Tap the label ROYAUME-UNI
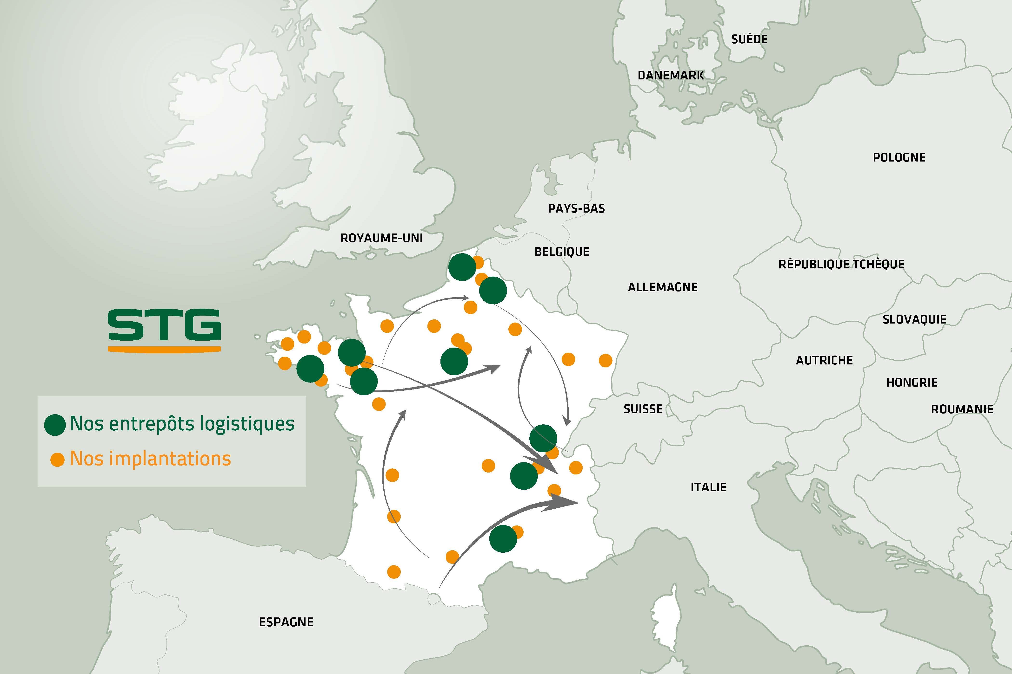tap(381, 238)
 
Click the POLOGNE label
tap(899, 157)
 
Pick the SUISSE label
tap(643, 409)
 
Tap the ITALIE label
tap(708, 487)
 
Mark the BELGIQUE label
tap(561, 252)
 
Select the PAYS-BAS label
tap(576, 208)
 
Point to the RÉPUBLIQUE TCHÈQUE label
tap(841, 264)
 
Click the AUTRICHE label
tap(824, 360)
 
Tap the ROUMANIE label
tap(962, 409)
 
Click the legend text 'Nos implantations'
tap(150, 459)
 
